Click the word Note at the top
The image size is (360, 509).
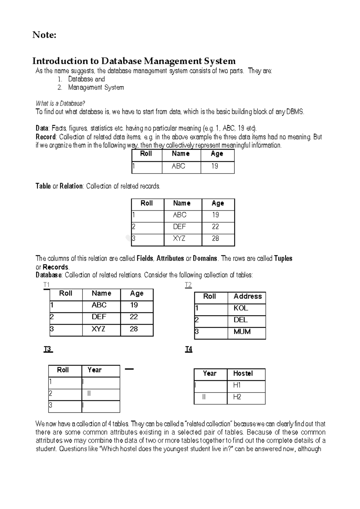(44, 35)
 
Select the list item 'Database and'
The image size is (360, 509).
(86, 79)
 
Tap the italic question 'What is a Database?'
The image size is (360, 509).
(60, 104)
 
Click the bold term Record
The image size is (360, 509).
(45, 137)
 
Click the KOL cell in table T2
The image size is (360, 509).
(241, 308)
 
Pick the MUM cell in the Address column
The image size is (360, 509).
(242, 332)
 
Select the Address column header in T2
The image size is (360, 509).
(247, 296)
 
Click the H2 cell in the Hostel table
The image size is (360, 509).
(237, 397)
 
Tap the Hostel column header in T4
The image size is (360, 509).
(243, 373)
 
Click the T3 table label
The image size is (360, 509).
(48, 349)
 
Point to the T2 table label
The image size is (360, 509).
(188, 285)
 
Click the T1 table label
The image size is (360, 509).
(46, 285)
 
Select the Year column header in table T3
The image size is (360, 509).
(94, 370)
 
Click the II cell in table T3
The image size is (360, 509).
(89, 393)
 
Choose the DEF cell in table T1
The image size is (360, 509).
(99, 317)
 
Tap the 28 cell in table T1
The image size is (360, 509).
(133, 329)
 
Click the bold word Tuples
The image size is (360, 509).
(283, 258)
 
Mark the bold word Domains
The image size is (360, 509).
(205, 258)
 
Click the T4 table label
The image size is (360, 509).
(188, 349)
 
